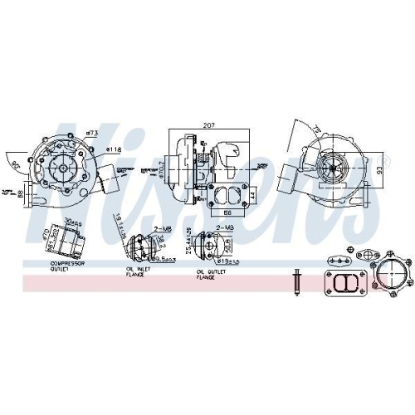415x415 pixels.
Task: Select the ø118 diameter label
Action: click(114, 149)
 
